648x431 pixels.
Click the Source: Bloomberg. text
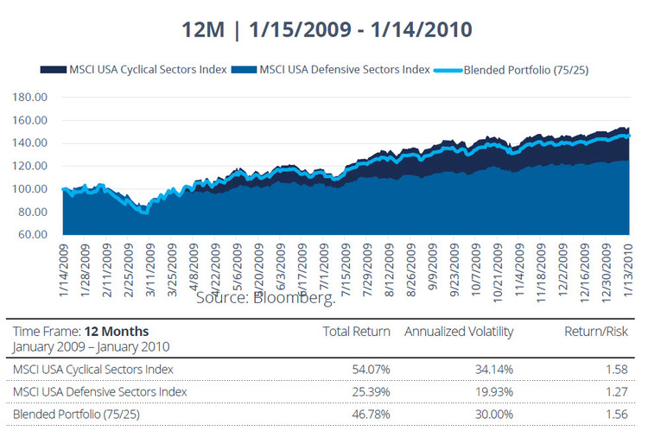(x=265, y=298)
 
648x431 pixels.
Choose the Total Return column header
(x=356, y=331)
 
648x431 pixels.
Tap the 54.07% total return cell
(x=370, y=370)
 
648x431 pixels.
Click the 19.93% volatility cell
(x=493, y=392)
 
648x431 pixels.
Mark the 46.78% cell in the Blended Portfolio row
(x=370, y=415)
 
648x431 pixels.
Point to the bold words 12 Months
(x=118, y=331)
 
